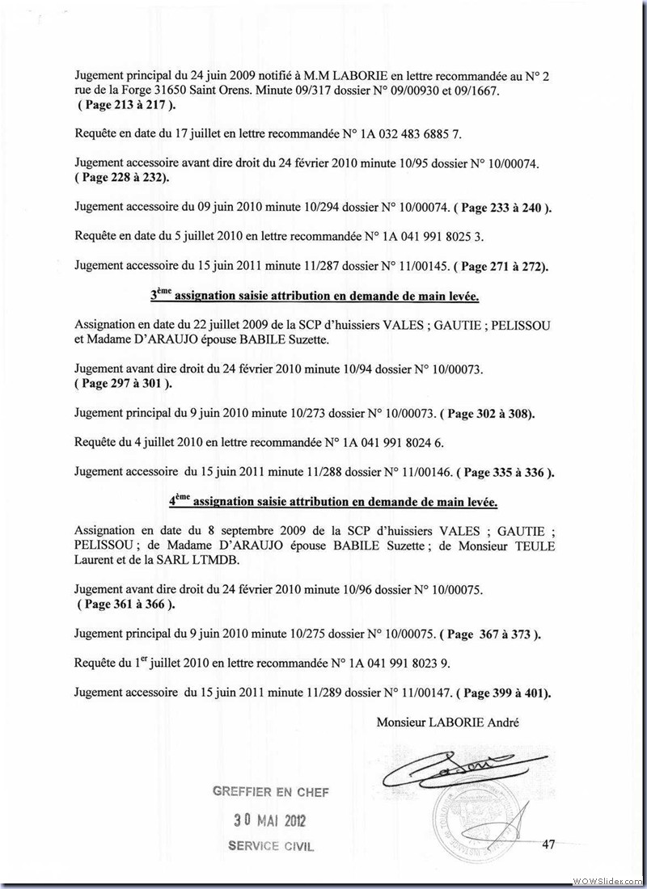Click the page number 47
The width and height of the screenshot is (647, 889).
[548, 845]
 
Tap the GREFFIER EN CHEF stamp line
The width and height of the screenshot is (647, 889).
[271, 792]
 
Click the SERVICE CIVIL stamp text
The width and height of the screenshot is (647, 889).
[271, 847]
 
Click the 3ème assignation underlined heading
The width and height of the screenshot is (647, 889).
[315, 296]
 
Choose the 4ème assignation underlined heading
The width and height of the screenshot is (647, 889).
[333, 501]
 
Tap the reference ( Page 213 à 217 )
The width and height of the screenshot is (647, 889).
[125, 105]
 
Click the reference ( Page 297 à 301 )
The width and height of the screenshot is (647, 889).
[125, 383]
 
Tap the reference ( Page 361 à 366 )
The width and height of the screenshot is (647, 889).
[125, 604]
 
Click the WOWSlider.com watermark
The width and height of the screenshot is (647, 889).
[608, 879]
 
